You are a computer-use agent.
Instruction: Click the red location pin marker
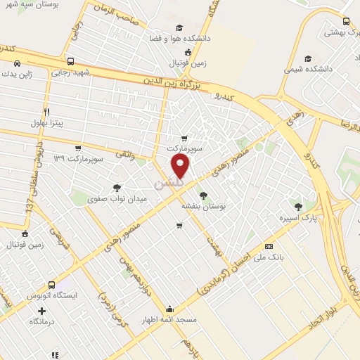[x=181, y=166]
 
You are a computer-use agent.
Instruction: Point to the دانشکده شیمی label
[x=303, y=70]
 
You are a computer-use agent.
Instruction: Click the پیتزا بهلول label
[x=46, y=123]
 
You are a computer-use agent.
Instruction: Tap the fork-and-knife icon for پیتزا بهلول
[x=46, y=112]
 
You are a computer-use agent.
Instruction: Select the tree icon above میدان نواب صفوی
[x=116, y=188]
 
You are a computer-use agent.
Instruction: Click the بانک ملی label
[x=269, y=257]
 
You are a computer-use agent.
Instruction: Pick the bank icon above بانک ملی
[x=269, y=246]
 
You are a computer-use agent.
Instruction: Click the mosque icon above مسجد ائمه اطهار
[x=170, y=309]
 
